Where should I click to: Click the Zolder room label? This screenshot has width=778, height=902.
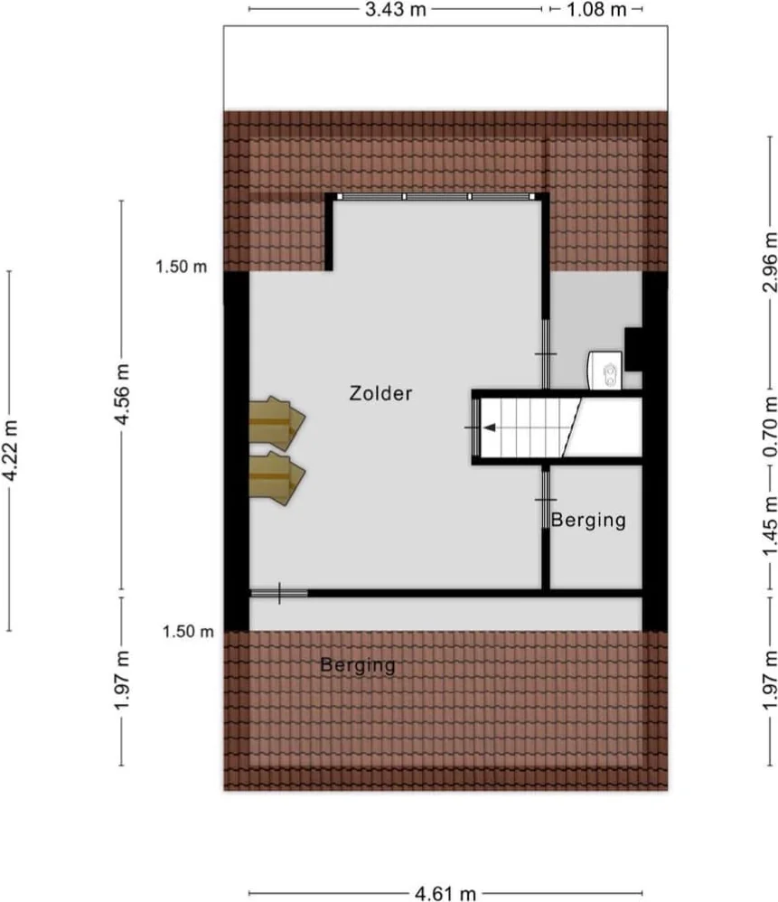(x=380, y=393)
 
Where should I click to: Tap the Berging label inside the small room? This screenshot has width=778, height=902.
(x=588, y=520)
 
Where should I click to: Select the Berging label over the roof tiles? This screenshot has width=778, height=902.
(x=358, y=665)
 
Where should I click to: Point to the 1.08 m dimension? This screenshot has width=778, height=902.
(x=595, y=10)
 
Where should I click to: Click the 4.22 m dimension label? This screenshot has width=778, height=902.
(x=10, y=449)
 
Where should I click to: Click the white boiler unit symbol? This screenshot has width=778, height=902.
(x=605, y=370)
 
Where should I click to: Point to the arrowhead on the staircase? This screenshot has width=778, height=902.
(x=487, y=428)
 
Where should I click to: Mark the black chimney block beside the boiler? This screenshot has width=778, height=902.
(x=634, y=349)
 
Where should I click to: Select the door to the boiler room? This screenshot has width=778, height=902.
(x=546, y=353)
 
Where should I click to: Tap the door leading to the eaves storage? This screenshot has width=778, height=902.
(x=279, y=593)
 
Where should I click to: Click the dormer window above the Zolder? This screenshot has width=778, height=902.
(x=437, y=196)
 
